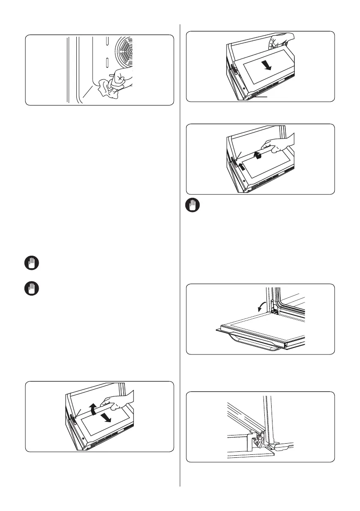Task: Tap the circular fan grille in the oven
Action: click(x=124, y=54)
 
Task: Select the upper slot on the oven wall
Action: click(x=106, y=45)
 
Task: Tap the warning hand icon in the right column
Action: click(x=191, y=206)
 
